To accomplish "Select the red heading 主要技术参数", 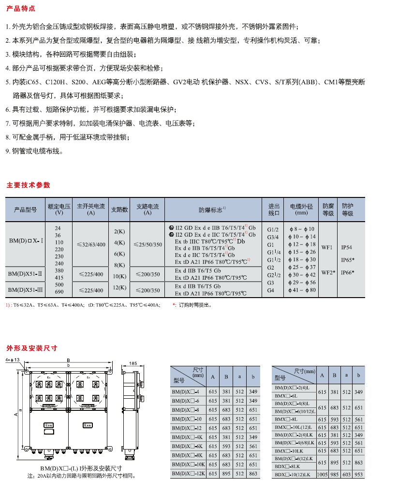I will point(28,185).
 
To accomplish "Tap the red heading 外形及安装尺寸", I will point(31,348).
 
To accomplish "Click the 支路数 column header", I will point(119,210).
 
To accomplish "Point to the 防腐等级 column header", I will point(328,210).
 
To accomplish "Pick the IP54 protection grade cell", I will point(347,247).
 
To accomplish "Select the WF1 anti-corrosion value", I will point(327,247).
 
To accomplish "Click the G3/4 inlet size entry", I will point(273,237).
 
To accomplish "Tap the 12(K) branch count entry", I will point(119,287).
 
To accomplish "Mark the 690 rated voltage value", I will point(59,292).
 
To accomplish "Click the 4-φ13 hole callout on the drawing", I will point(13,360).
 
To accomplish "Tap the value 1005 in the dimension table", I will point(322,475).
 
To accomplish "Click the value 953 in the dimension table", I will point(358,475).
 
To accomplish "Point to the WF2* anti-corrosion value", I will point(328,272).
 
